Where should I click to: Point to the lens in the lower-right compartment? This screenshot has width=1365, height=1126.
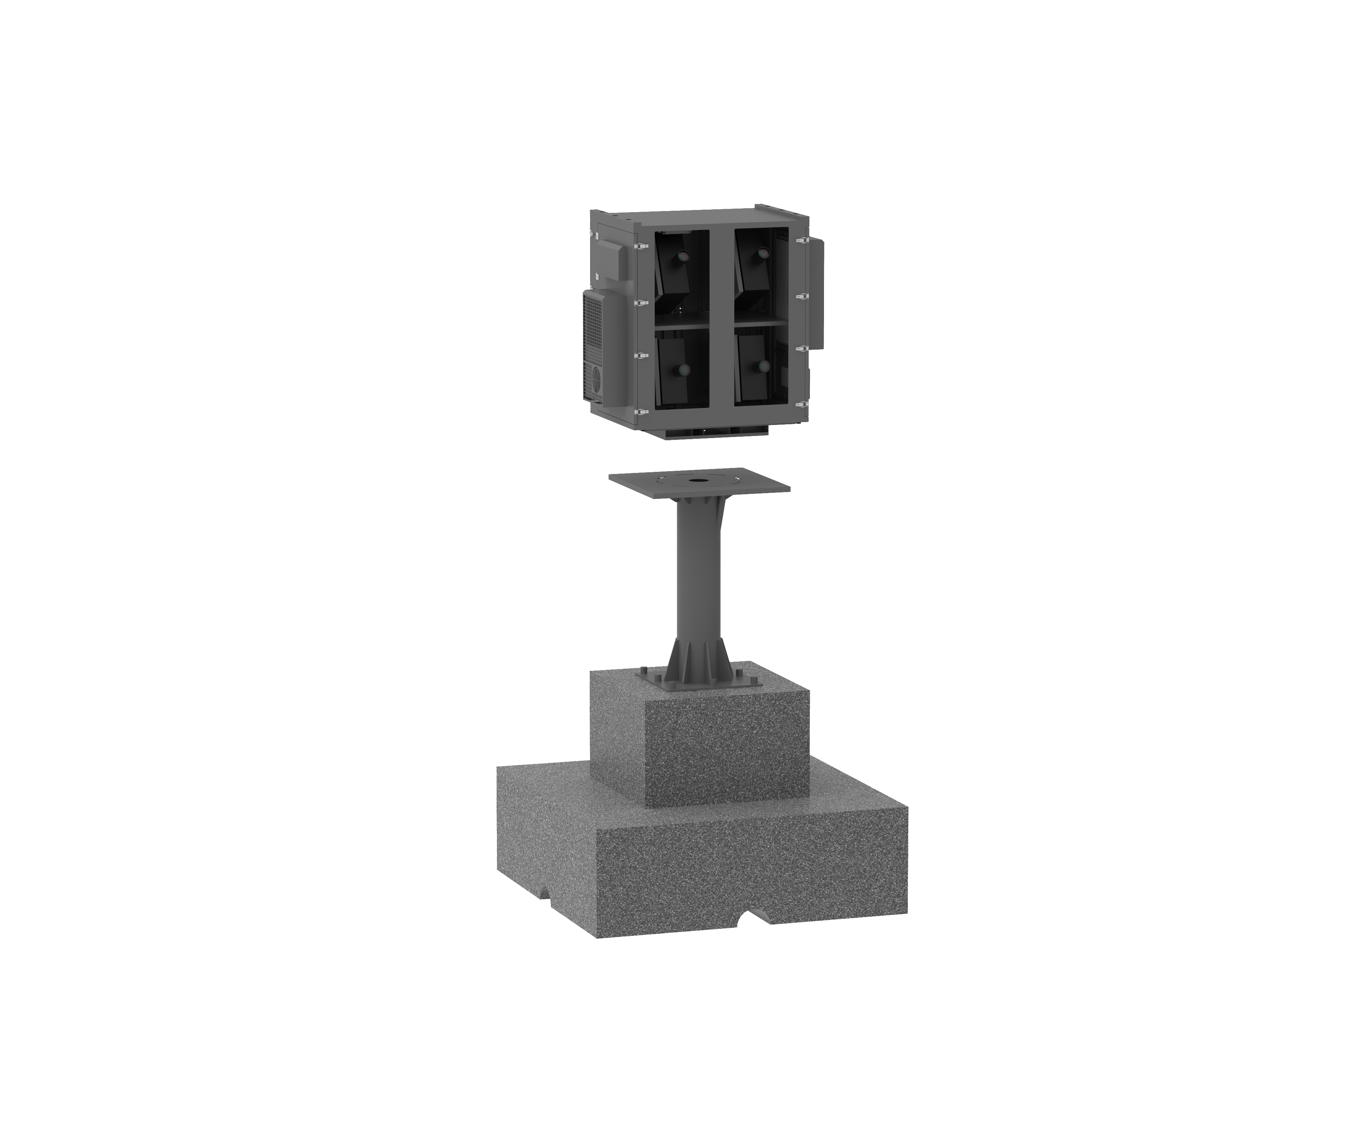click(x=762, y=365)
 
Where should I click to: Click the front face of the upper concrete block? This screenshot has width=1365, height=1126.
click(x=727, y=753)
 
